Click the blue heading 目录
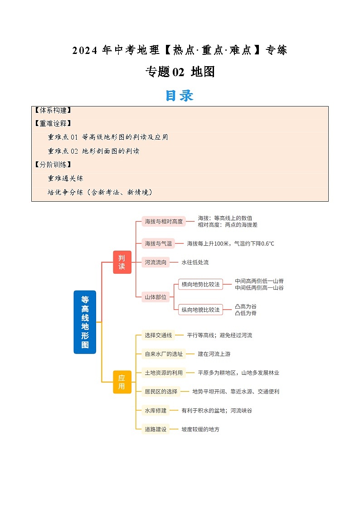coord(180,96)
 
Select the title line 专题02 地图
coord(180,72)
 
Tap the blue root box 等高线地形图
coord(85,322)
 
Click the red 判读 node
coord(122,262)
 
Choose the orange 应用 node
coord(122,382)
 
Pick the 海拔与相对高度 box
coord(164,222)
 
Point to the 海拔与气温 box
coord(158,243)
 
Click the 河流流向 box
coord(156,262)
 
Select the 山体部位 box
coord(156,297)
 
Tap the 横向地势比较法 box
coord(200,284)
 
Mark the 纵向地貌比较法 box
coord(200,310)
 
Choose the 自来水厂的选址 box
coord(164,354)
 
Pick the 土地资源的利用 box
coord(164,373)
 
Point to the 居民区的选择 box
coord(161,391)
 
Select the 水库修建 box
coord(156,410)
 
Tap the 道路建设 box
coord(156,429)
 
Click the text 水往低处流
coord(195,262)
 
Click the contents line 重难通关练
coord(65,178)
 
